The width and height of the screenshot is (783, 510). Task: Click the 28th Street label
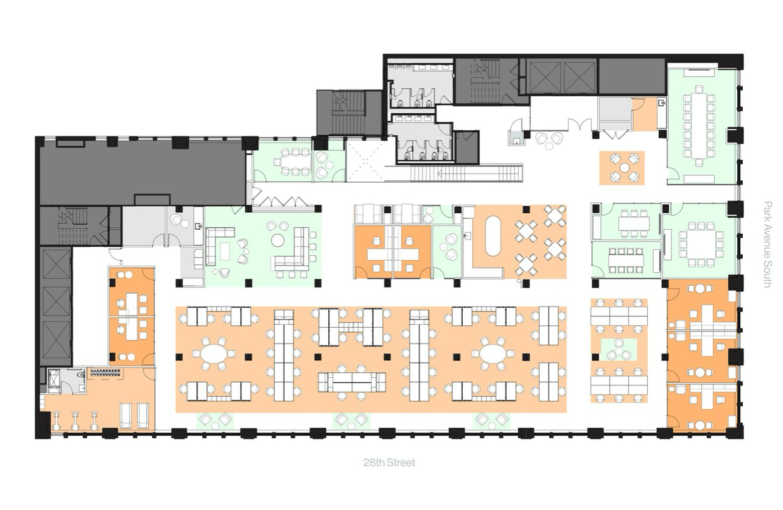click(389, 462)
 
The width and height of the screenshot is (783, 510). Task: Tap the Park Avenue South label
click(767, 244)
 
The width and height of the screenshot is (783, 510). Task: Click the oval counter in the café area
click(493, 236)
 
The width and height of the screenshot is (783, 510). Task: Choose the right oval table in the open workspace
click(493, 353)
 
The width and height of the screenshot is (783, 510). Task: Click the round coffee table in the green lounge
click(278, 240)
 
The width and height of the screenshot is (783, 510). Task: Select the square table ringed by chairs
click(700, 244)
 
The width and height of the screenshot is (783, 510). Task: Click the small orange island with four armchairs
click(622, 168)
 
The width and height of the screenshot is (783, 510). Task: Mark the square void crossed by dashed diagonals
click(366, 160)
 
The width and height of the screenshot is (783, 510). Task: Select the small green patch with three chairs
click(619, 350)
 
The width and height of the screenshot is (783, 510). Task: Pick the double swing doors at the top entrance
click(580, 125)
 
